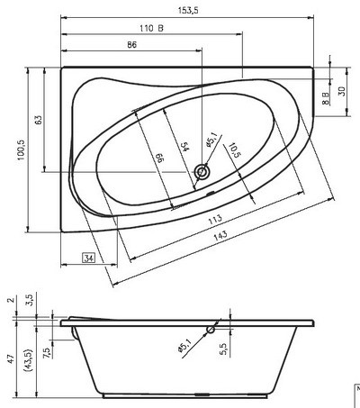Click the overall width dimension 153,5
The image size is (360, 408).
(187, 8)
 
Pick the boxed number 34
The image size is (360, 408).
(89, 258)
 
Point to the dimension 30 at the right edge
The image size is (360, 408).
(342, 91)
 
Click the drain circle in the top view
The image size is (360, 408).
(202, 171)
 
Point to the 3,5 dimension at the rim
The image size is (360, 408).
(29, 296)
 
